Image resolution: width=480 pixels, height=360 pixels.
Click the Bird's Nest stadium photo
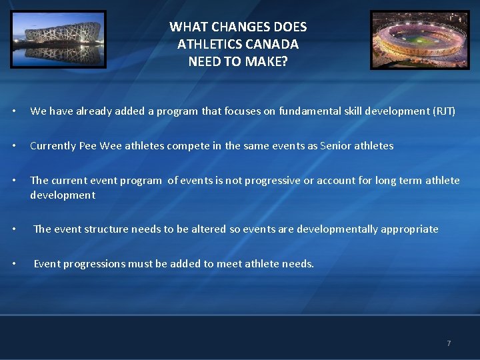pyautogui.click(x=58, y=39)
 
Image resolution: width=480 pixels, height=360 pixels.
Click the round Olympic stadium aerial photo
pyautogui.click(x=420, y=39)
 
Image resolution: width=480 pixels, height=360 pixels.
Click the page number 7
pyautogui.click(x=449, y=343)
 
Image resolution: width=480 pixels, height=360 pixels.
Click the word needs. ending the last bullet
pyautogui.click(x=298, y=264)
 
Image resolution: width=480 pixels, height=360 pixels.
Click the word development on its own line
pyautogui.click(x=63, y=195)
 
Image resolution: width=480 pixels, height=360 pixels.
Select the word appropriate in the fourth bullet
pyautogui.click(x=410, y=229)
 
